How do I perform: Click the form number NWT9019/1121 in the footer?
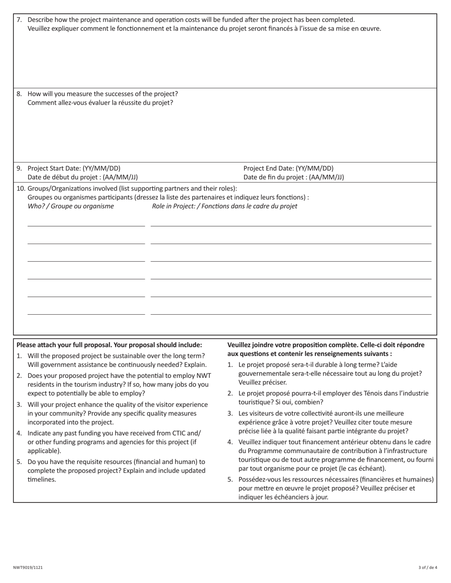[x=28, y=567]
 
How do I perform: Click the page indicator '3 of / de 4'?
[x=428, y=567]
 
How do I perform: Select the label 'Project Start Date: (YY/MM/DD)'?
[x=74, y=168]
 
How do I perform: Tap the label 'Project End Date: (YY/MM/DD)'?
[x=288, y=168]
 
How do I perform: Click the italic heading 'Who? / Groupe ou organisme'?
[x=71, y=206]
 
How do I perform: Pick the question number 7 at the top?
[x=19, y=20]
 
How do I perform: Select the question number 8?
[x=19, y=94]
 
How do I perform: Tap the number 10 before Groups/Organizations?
[x=21, y=188]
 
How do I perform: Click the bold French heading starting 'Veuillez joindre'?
[x=326, y=345]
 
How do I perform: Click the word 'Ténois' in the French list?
[x=366, y=393]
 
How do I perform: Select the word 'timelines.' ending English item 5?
[x=42, y=479]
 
